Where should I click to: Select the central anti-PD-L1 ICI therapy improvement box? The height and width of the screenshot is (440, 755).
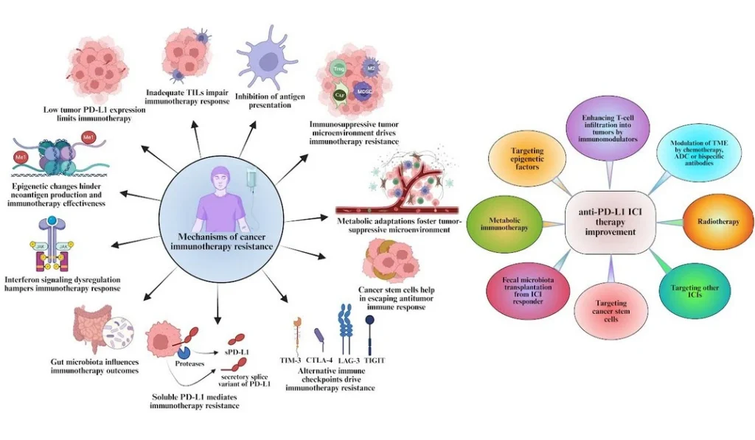tap(610, 220)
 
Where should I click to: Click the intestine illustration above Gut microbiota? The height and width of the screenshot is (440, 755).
tap(94, 329)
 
